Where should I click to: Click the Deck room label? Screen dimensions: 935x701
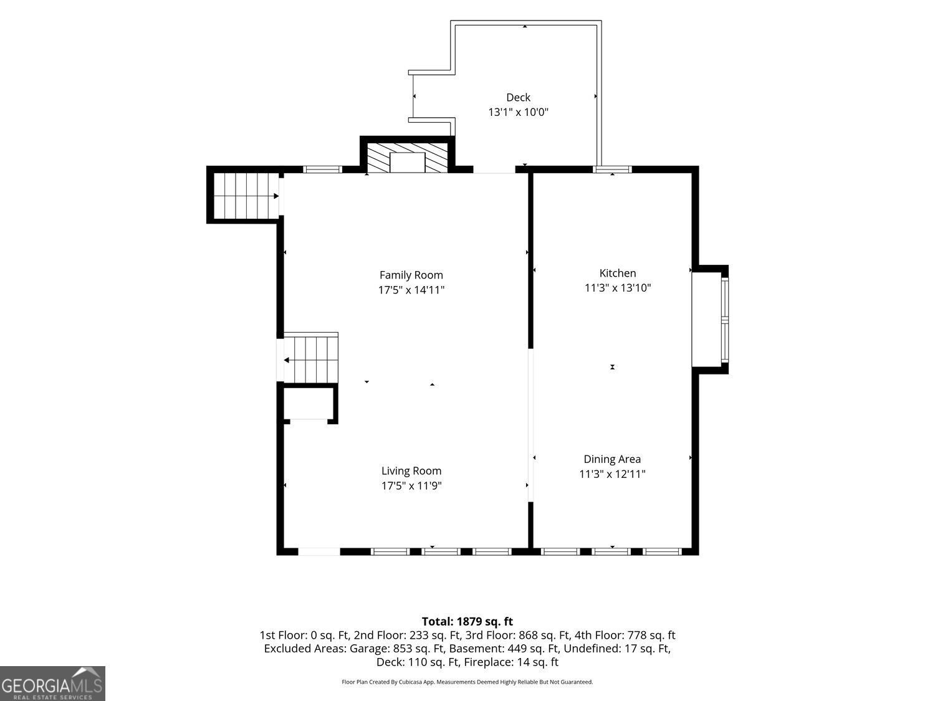pyautogui.click(x=518, y=97)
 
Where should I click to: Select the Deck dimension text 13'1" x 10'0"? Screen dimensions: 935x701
pyautogui.click(x=518, y=112)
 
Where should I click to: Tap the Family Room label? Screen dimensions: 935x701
pyautogui.click(x=411, y=275)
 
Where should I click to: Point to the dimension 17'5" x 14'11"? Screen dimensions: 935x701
pyautogui.click(x=411, y=290)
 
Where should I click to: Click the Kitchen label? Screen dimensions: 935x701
pyautogui.click(x=618, y=274)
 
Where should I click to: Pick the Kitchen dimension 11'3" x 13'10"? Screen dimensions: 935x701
pyautogui.click(x=618, y=288)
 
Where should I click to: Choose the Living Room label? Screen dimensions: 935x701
pyautogui.click(x=411, y=471)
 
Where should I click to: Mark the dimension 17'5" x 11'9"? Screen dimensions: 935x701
pyautogui.click(x=411, y=486)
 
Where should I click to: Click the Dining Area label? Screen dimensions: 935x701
pyautogui.click(x=612, y=459)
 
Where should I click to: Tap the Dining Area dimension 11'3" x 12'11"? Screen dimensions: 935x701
pyautogui.click(x=612, y=474)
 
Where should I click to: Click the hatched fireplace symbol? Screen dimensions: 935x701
pyautogui.click(x=407, y=158)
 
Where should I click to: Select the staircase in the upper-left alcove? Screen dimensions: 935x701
pyautogui.click(x=246, y=196)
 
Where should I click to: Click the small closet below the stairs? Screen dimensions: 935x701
pyautogui.click(x=309, y=403)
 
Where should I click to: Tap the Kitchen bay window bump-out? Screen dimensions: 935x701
pyautogui.click(x=709, y=320)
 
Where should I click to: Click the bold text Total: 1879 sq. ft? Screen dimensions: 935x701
pyautogui.click(x=467, y=621)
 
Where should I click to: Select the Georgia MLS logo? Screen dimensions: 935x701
pyautogui.click(x=52, y=684)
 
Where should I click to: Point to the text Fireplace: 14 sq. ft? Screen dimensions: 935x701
pyautogui.click(x=511, y=662)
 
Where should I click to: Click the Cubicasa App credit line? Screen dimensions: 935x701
pyautogui.click(x=467, y=682)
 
